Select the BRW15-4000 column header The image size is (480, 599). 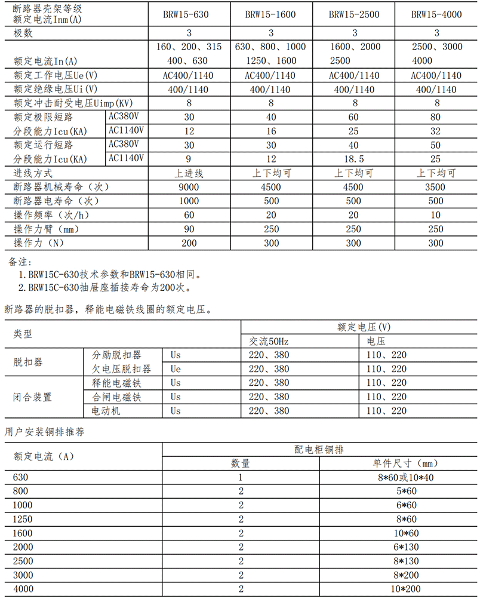tap(436, 14)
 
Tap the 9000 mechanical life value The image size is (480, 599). tap(189, 187)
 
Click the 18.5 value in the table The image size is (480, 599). tap(354, 159)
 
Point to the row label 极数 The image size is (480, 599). tap(23, 33)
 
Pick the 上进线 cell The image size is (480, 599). tap(189, 173)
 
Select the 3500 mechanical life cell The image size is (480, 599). tap(436, 187)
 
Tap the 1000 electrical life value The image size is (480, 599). tap(189, 201)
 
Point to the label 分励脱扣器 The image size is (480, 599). tap(116, 355)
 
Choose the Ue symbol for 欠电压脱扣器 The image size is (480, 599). tap(176, 369)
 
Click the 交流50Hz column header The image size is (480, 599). tap(269, 341)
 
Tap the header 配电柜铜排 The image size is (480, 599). tap(319, 449)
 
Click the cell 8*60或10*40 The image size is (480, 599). tap(401, 478)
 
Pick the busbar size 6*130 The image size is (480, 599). tap(401, 548)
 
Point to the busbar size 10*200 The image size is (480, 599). tap(401, 589)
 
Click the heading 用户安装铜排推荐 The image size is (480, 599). tap(45, 431)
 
